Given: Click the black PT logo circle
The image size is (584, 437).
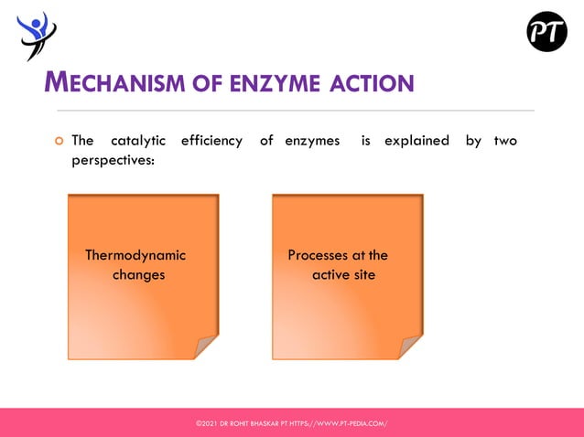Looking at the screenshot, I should [546, 32].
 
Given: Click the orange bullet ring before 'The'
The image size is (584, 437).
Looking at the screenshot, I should [57, 141].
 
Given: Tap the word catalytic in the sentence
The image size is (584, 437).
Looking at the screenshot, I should [138, 141].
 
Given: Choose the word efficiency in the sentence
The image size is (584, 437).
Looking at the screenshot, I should [211, 141].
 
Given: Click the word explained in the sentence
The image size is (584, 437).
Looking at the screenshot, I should [416, 141].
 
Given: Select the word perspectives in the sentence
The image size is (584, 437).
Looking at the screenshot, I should [113, 160].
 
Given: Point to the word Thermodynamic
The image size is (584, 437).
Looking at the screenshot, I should [135, 255].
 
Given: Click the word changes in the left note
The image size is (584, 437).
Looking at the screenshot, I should [138, 274].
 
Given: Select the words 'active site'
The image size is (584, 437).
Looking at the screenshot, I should [343, 274].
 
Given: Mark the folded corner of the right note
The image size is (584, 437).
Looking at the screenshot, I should [412, 347].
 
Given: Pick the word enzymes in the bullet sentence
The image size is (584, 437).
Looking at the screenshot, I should [312, 141].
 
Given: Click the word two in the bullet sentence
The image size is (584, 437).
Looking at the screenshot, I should [505, 141].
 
